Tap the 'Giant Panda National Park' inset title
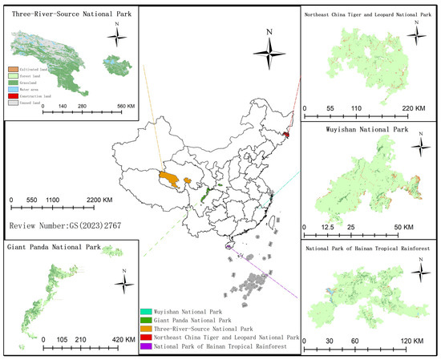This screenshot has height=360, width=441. click(54, 247)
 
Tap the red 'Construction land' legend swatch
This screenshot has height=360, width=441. click(12, 93)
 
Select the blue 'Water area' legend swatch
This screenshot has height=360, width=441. click(12, 87)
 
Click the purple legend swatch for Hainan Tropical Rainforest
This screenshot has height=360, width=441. click(145, 346)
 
